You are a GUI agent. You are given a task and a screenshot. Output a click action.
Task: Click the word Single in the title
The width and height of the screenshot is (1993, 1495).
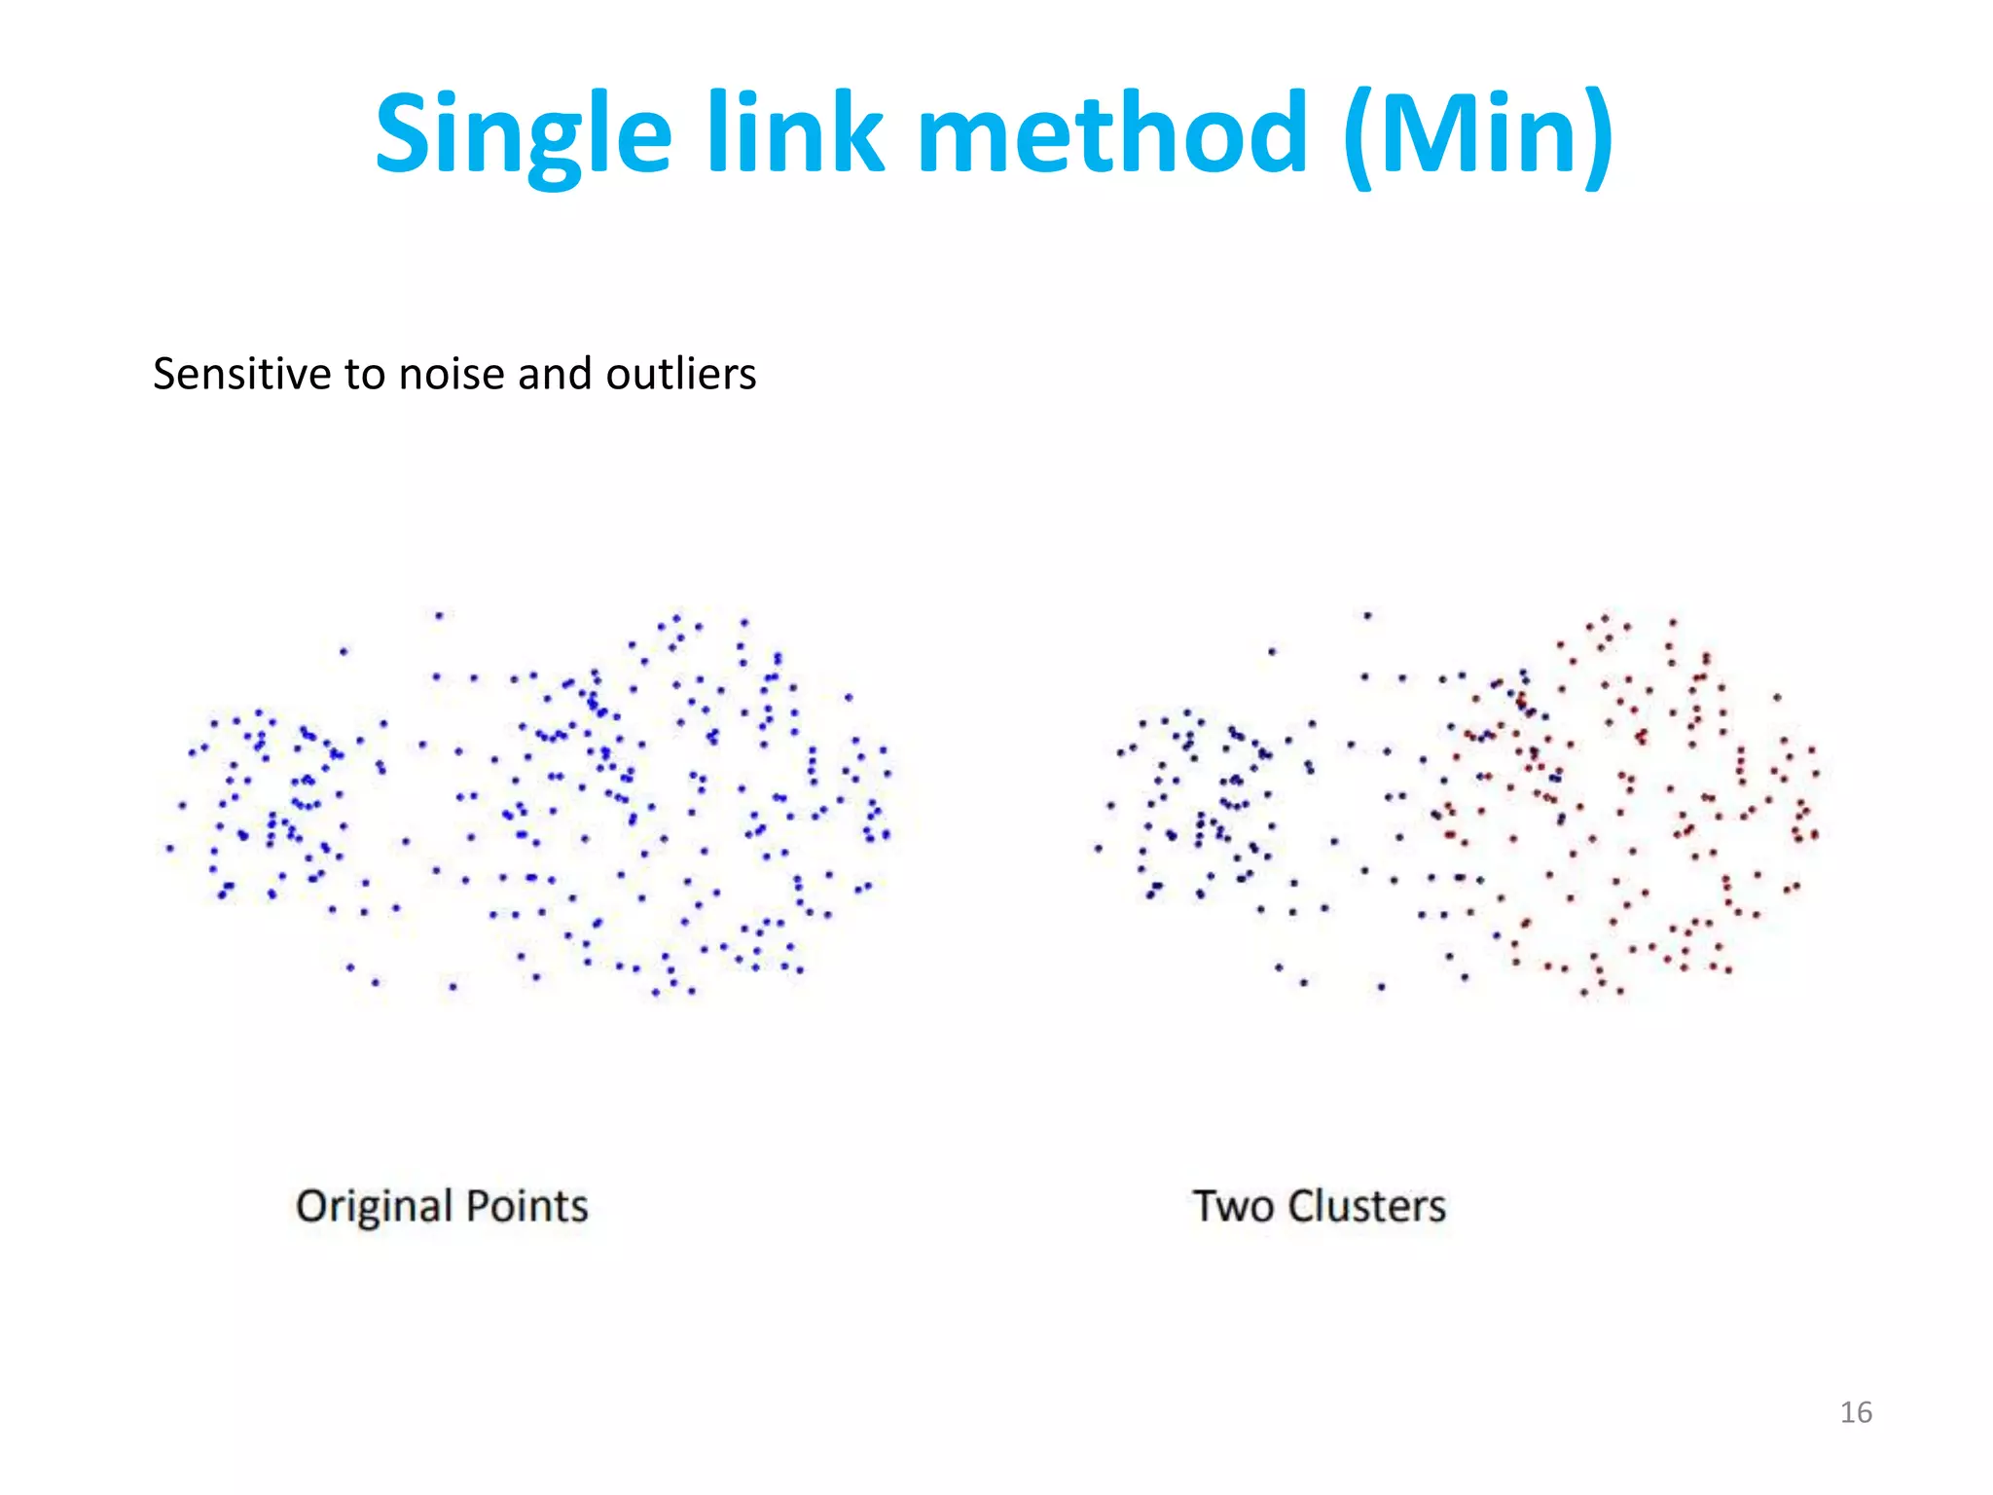pos(523,133)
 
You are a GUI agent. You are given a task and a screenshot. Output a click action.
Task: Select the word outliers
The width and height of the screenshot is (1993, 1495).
pos(680,374)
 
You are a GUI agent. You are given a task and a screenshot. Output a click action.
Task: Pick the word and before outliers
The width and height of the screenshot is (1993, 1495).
pos(555,374)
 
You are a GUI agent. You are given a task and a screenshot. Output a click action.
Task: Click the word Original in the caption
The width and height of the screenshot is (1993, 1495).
pos(373,1207)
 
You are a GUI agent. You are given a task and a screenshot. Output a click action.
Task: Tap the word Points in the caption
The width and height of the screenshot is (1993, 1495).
pos(527,1206)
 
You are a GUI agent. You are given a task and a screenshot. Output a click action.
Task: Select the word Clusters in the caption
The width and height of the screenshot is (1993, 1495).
pos(1366,1206)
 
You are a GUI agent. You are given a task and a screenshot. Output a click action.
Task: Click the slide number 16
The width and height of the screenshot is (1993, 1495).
pos(1856,1412)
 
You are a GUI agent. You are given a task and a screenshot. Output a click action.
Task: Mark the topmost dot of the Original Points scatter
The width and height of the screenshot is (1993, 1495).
pos(440,615)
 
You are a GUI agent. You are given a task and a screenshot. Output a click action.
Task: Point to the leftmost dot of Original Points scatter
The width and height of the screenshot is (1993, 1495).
pos(170,848)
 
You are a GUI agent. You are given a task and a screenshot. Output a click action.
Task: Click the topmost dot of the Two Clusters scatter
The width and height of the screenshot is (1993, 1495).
pos(1367,615)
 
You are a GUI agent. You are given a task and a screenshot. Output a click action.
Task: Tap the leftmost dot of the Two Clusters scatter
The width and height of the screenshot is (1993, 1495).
pos(1099,848)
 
